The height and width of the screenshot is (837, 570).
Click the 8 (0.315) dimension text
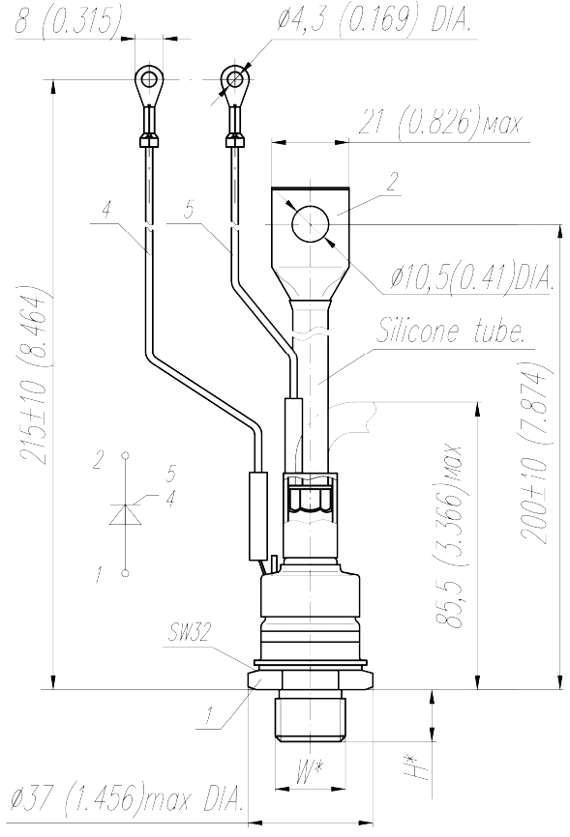click(x=68, y=20)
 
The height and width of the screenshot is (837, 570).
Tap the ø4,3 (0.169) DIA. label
click(x=374, y=20)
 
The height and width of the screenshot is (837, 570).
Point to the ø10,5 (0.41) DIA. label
click(x=470, y=276)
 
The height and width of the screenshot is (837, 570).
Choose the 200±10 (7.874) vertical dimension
click(x=535, y=453)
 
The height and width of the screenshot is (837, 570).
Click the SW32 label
click(x=189, y=632)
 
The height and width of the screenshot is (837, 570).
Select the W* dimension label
click(x=310, y=770)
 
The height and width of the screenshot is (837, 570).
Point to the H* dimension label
click(x=411, y=765)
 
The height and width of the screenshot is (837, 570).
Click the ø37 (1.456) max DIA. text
click(x=129, y=798)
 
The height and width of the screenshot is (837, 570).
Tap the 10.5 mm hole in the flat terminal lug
click(x=310, y=225)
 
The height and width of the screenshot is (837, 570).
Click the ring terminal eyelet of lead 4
click(x=149, y=80)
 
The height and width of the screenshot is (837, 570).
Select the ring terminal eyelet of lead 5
click(x=234, y=80)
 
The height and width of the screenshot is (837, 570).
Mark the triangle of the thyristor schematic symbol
click(x=126, y=514)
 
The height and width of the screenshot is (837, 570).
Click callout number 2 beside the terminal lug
click(x=393, y=182)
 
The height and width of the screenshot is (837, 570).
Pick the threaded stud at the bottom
click(x=310, y=715)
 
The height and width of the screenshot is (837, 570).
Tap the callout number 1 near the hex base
click(x=208, y=716)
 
